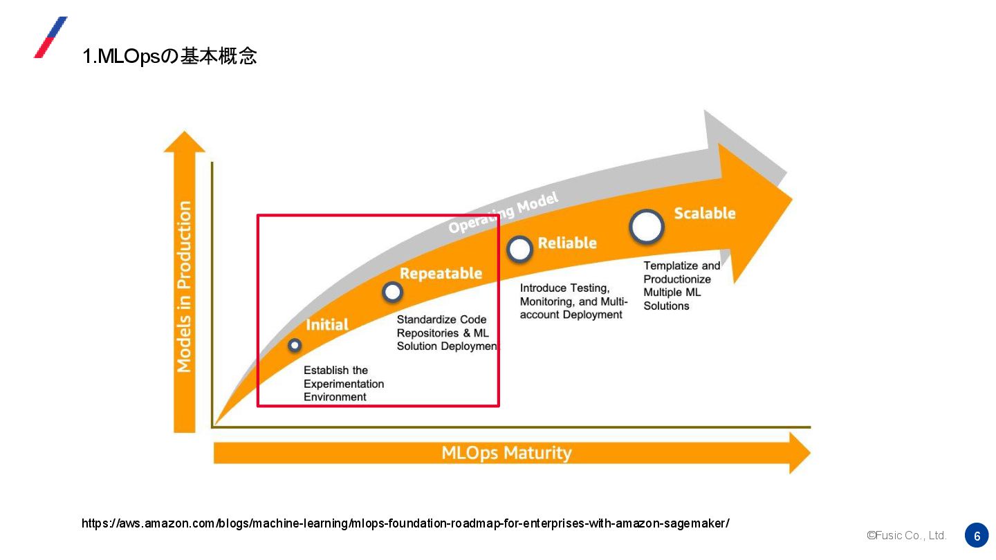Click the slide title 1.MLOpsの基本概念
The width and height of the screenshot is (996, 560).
(x=169, y=56)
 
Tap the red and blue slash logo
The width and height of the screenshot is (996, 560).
(x=50, y=37)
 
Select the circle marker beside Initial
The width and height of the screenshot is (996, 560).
(x=295, y=344)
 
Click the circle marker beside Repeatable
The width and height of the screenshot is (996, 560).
(x=392, y=292)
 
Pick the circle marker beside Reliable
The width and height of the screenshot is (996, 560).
(x=519, y=249)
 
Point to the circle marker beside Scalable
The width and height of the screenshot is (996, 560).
(x=647, y=226)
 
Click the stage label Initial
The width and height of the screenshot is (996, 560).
(x=327, y=324)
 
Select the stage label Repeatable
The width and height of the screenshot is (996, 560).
(x=441, y=273)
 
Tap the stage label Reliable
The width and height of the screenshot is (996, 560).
(x=567, y=243)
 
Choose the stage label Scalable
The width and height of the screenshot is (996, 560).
(x=705, y=213)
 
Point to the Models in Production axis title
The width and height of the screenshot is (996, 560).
(x=184, y=287)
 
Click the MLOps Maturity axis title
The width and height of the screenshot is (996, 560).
(x=506, y=453)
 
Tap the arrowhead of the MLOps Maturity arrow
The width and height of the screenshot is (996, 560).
(x=799, y=453)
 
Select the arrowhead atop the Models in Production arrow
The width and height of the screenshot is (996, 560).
(x=184, y=142)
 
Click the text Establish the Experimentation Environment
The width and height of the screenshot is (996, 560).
(x=344, y=384)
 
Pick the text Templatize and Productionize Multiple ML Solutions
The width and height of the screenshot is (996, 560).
(x=681, y=286)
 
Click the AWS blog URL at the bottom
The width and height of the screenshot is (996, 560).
(x=405, y=523)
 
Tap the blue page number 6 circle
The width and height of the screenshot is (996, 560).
(x=977, y=536)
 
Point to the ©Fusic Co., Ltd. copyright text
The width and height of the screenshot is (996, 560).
(x=906, y=536)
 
